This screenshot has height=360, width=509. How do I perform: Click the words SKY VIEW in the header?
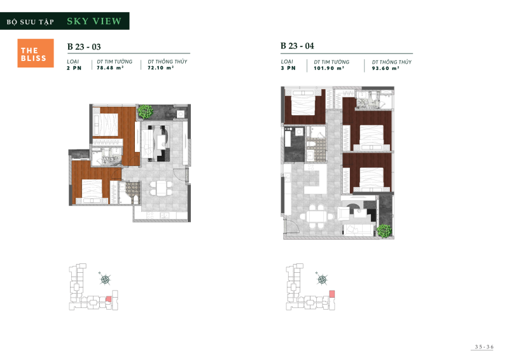click(x=94, y=21)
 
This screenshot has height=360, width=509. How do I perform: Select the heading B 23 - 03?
click(x=83, y=46)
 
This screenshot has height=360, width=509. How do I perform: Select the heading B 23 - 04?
click(x=296, y=46)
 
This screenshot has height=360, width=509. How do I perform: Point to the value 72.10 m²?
click(x=161, y=67)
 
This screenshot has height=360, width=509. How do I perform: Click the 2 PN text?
click(x=74, y=67)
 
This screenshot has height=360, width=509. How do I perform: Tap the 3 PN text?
click(x=288, y=67)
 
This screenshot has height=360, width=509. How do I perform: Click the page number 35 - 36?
click(x=484, y=347)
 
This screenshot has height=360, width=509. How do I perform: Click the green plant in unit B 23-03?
click(x=146, y=112)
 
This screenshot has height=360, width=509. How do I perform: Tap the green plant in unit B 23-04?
click(x=384, y=230)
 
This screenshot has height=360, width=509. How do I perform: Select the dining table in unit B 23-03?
click(x=160, y=189)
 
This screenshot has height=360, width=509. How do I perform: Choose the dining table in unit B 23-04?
click(x=316, y=217)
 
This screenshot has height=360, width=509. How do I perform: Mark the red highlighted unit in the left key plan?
click(x=108, y=298)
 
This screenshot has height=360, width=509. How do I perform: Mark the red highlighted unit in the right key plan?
click(x=331, y=293)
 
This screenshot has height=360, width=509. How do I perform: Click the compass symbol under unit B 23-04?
click(x=322, y=279)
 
